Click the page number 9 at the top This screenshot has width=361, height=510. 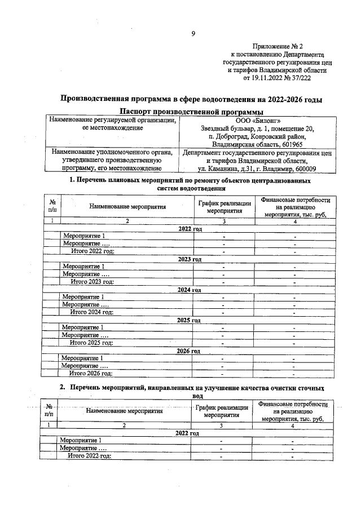193,34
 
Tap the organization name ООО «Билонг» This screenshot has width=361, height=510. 257,120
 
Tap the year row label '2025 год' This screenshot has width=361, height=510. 189,320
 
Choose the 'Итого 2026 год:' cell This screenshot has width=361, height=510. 90,372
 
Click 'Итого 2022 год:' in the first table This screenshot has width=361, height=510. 93,251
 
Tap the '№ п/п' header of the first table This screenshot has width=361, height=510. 52,206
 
